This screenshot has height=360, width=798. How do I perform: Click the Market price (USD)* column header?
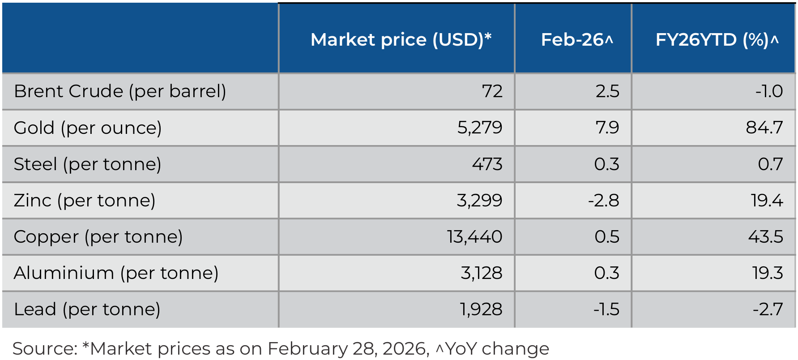point(401,40)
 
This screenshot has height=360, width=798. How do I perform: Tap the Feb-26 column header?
point(576,40)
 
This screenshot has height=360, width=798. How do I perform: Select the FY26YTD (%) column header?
point(717,40)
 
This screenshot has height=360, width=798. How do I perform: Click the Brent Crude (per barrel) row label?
point(120,91)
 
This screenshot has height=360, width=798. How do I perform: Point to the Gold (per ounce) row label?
point(88,128)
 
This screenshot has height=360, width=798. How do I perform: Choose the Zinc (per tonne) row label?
point(85,201)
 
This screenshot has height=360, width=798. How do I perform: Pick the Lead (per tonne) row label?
point(87,309)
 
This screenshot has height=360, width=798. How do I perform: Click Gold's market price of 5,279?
point(479,128)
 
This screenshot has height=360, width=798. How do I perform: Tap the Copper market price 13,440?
point(474,237)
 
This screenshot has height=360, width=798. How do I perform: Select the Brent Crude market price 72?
point(492,91)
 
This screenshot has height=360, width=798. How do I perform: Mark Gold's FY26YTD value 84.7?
point(764,128)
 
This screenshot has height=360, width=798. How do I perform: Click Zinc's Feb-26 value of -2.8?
point(603,201)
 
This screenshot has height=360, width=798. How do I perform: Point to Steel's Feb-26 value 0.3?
point(606,164)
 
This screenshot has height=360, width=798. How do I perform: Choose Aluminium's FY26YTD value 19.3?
point(767,273)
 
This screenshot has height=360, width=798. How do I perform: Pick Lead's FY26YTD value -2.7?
point(768,309)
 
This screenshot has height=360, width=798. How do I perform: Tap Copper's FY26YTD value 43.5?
point(765,237)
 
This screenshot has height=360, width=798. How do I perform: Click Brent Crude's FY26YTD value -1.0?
point(769,91)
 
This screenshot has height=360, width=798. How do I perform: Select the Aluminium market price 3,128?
point(481,273)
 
